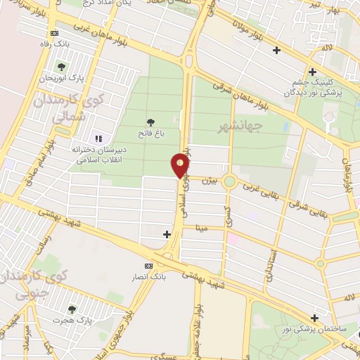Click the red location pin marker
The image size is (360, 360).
click(x=181, y=166)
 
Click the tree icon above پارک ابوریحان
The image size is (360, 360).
click(x=61, y=67)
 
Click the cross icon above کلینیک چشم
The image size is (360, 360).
click(x=312, y=71)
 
